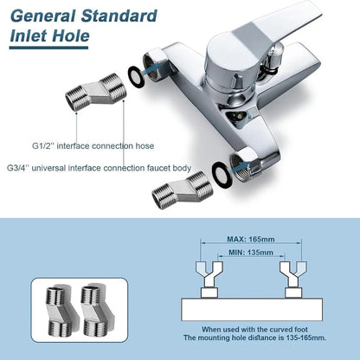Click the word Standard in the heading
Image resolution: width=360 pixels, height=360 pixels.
[x=119, y=16]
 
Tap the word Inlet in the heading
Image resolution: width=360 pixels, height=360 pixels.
[x=28, y=35]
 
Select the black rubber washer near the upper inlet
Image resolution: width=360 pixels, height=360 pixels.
[x=135, y=77]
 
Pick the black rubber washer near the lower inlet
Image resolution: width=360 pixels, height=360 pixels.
[x=222, y=175]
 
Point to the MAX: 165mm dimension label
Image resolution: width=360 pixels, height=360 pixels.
[x=251, y=239]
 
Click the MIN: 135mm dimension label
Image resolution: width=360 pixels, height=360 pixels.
[x=251, y=253]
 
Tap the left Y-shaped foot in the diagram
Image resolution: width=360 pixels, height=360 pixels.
[x=209, y=280]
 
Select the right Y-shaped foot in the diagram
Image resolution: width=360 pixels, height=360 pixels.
[x=293, y=280]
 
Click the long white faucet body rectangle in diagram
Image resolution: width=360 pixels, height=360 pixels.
[x=252, y=310]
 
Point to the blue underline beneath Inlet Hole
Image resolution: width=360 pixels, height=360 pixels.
[x=48, y=48]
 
